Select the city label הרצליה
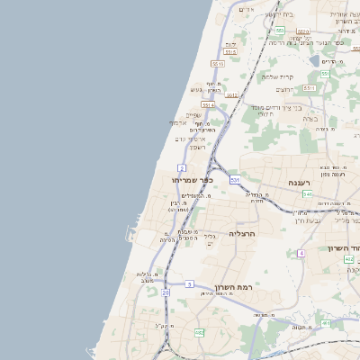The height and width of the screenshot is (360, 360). tap(244, 233)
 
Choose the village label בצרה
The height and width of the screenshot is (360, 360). tap(311, 118)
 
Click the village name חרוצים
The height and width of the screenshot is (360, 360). tap(284, 90)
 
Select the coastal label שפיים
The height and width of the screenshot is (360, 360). tap(193, 114)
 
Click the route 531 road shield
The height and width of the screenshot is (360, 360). tap(235, 180)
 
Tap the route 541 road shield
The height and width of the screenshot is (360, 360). tap(307, 194)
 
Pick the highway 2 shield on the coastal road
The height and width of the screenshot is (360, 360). tap(182, 167)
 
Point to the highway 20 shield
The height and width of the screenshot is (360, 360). tap(166, 292)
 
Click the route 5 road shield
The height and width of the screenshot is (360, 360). tap(189, 284)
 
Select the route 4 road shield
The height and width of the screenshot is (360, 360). tap(301, 253)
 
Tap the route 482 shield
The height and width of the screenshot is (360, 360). tap(198, 333)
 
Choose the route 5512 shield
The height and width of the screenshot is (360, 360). tap(208, 105)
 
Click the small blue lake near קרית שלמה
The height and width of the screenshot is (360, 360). tap(313, 60)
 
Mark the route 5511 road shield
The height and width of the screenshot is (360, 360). tap(218, 64)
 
